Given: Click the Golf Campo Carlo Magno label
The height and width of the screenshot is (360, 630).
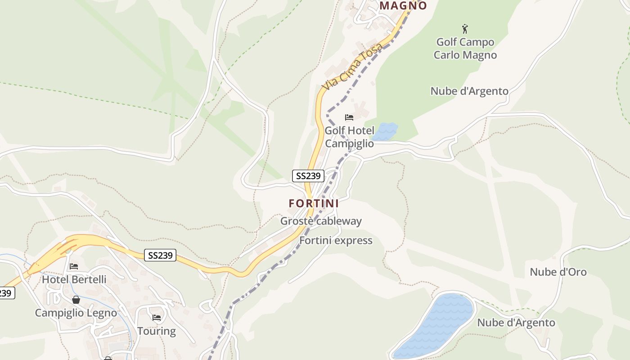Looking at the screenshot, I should (x=465, y=49).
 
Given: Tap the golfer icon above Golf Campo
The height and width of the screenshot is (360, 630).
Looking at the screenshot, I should (x=465, y=29).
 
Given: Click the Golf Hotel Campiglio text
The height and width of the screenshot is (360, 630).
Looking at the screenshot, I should (x=349, y=137).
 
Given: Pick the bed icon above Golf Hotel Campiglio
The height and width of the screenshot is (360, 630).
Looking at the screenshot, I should (x=349, y=117).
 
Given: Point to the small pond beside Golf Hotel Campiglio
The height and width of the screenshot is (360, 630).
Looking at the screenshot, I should (x=386, y=131).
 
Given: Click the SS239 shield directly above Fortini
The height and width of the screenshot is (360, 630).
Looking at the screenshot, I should (x=308, y=175).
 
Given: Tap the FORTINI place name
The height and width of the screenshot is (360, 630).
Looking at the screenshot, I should (x=314, y=203).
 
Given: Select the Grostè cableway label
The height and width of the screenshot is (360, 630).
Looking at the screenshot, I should (x=321, y=221).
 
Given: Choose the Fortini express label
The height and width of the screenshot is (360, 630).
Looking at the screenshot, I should (x=336, y=240).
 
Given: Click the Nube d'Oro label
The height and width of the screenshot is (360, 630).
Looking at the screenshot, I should (x=558, y=272).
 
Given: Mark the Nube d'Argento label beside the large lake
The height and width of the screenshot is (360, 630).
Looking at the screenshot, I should (x=516, y=323).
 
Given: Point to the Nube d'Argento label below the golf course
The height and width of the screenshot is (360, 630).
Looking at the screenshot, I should (x=469, y=91).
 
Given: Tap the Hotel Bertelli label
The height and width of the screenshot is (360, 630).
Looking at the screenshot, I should (x=74, y=279).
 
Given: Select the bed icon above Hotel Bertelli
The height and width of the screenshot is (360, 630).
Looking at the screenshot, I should (x=74, y=266).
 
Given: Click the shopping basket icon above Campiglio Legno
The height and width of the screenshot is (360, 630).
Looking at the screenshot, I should (x=76, y=300).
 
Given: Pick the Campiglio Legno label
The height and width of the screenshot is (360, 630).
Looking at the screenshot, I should (x=76, y=313).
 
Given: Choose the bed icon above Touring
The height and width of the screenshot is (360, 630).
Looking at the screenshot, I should (x=157, y=318).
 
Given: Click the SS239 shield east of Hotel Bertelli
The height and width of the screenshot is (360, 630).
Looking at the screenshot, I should (x=160, y=255).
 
